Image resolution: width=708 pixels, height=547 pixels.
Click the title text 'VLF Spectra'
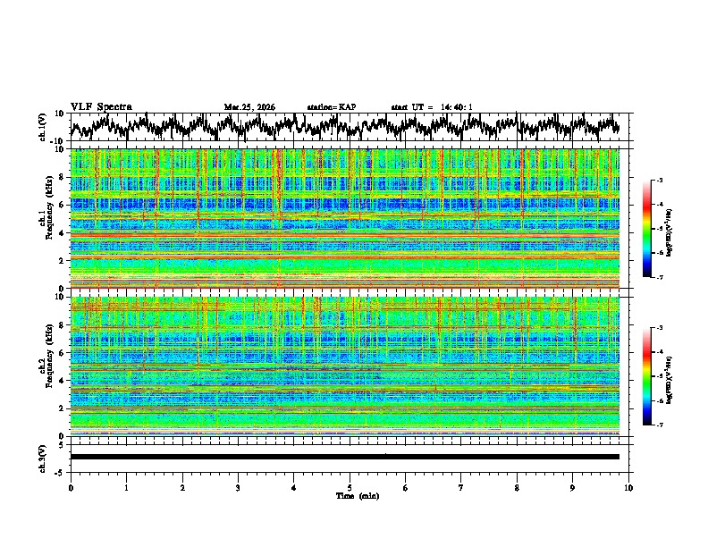point(100,106)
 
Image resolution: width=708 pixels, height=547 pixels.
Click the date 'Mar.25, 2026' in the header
point(249,107)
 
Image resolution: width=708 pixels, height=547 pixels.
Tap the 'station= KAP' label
point(331,107)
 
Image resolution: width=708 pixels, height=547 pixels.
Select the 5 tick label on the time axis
point(350,486)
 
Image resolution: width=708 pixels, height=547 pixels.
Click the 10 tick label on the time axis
point(628,486)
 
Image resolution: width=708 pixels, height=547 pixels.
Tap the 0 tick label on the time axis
point(71,486)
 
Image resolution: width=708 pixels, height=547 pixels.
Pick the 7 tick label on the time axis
point(461,486)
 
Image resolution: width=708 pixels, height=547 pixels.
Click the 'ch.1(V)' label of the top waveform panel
point(42,126)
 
